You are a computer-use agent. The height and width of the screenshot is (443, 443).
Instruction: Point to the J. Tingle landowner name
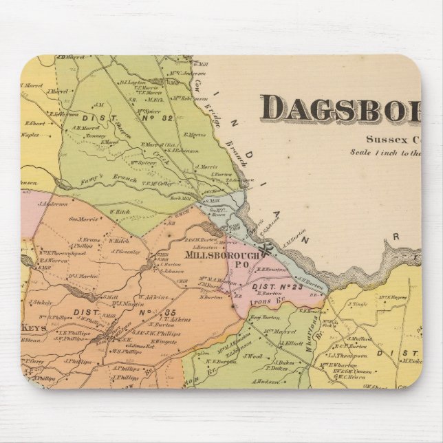click(358, 303)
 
